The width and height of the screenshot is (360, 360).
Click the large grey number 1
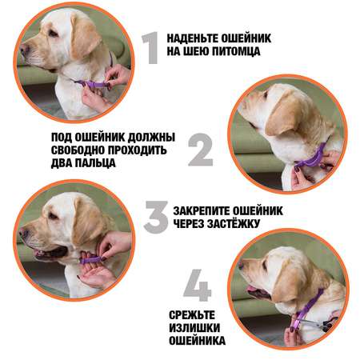click(151, 48)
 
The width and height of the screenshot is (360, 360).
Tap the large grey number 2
click(201, 150)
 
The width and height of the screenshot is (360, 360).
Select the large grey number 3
click(157, 217)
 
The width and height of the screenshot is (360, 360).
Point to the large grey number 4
click(198, 286)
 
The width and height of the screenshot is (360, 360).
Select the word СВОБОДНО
click(78, 150)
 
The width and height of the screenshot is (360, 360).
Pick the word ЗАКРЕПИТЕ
click(201, 211)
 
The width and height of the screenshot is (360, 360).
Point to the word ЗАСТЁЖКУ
click(234, 223)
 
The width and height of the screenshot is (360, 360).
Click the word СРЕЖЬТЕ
click(192, 315)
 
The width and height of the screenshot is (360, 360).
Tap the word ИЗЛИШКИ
click(194, 328)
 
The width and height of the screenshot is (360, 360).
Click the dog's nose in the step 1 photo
click(23, 49)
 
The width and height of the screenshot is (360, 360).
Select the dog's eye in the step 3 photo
click(54, 216)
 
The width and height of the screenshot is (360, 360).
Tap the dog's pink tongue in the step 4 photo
click(252, 289)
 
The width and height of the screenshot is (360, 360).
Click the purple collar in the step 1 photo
click(92, 83)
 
